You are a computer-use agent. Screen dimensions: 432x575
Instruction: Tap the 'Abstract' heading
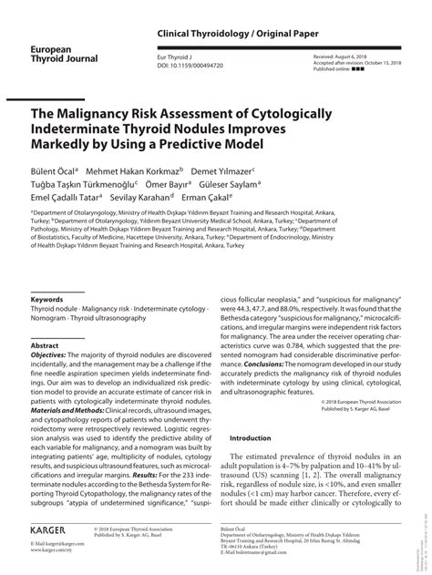pos(45,346)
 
